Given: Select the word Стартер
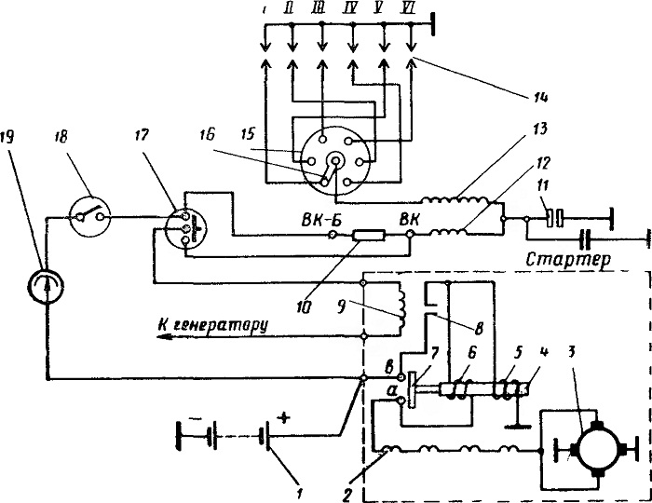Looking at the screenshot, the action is coord(568,260).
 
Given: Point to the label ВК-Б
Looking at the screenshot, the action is coord(321,220).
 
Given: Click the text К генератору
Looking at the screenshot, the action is coord(211,325).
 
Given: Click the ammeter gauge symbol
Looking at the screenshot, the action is coord(46,286).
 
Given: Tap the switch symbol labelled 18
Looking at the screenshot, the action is coord(89,216).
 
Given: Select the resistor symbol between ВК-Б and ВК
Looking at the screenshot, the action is coord(369,236).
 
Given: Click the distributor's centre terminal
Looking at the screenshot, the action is coord(335,160).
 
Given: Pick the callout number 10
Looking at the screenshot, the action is coord(306,308).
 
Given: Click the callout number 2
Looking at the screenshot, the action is coord(348,494).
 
